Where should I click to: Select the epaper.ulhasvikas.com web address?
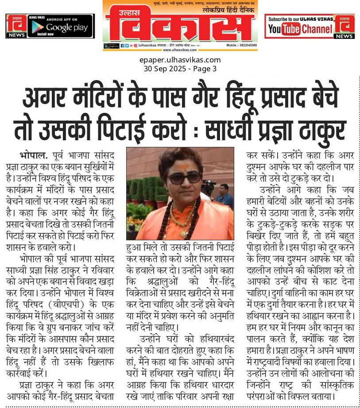(x=180, y=60)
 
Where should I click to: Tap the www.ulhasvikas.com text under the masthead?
(x=180, y=50)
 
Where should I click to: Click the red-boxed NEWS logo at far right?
(x=344, y=26)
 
